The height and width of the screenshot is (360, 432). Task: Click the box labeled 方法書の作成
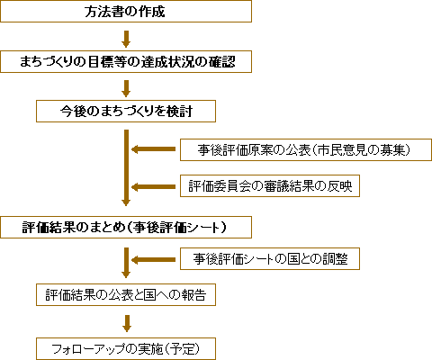coord(126,13)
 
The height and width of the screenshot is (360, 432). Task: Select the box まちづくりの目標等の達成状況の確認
coord(126,62)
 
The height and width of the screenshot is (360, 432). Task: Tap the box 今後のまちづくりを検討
coord(126,112)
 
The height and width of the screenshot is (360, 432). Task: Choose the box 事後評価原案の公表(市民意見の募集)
coord(301,149)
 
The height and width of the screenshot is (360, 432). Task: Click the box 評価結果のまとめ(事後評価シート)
coord(126,226)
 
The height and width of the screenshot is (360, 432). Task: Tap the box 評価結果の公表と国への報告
coord(126,294)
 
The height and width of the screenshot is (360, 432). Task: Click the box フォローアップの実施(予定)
coord(126,346)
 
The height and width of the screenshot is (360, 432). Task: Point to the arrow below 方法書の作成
coord(126,38)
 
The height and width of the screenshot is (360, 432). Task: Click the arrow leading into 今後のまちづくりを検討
coord(126,87)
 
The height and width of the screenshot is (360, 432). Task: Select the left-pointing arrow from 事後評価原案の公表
coord(153,149)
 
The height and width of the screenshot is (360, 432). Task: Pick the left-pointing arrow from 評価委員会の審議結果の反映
coord(153,186)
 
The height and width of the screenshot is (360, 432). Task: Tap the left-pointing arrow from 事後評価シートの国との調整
coord(153,259)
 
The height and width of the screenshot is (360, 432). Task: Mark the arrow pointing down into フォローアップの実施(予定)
coord(126,320)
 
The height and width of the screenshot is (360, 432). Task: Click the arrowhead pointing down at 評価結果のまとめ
coord(126,202)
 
